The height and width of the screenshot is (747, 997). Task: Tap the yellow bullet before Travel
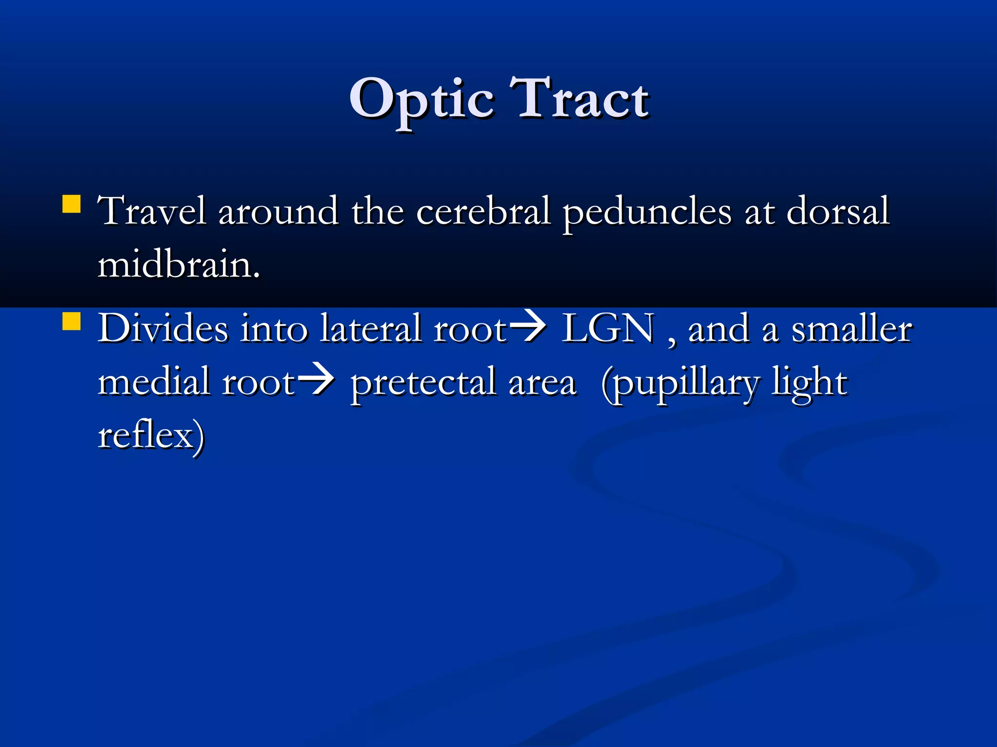pos(72,204)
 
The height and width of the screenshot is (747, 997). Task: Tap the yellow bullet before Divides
pos(72,321)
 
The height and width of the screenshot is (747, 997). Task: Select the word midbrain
pos(178,265)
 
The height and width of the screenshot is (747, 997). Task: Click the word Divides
pos(163,329)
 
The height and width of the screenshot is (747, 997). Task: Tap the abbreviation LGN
pos(608,329)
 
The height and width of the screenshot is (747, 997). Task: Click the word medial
pos(154,382)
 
